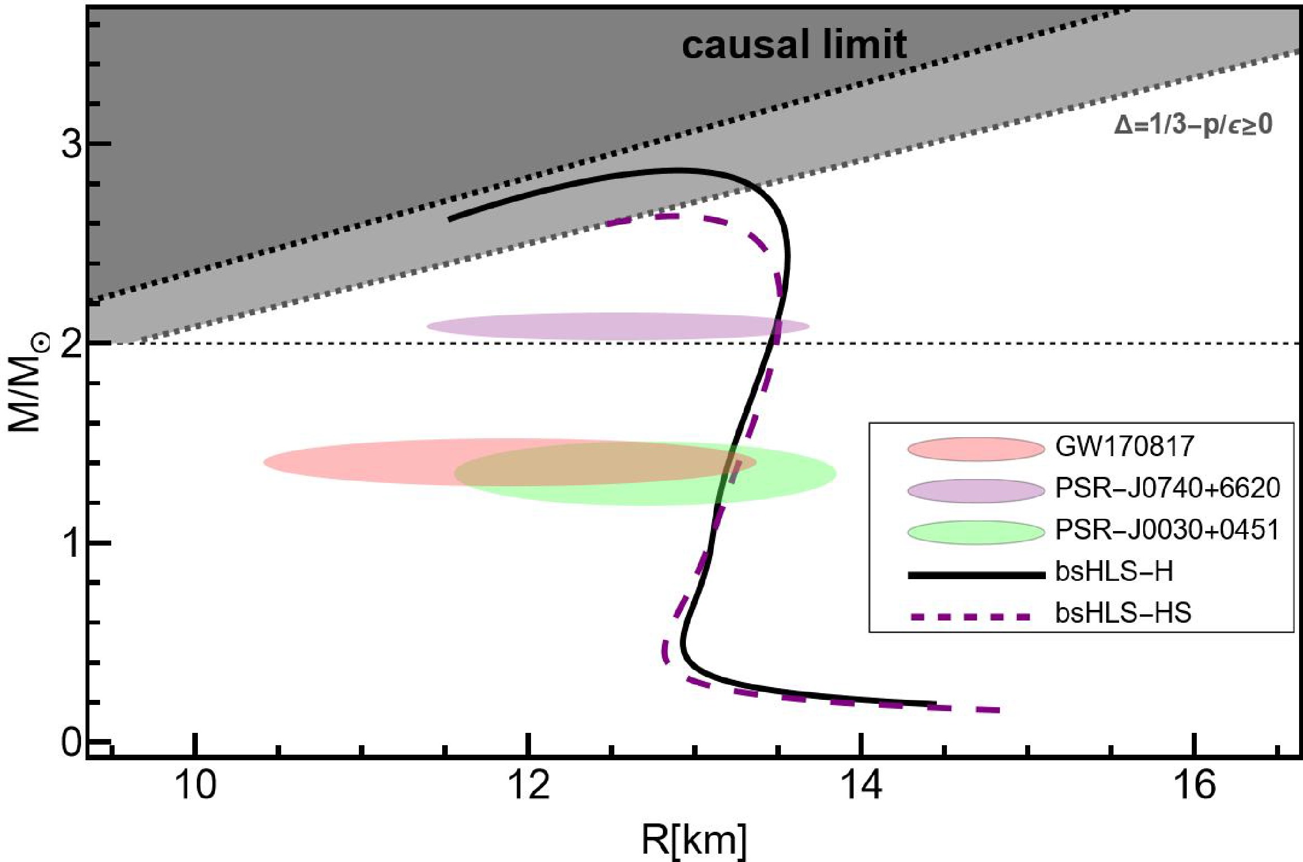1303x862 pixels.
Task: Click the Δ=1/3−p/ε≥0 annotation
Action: (x=1192, y=125)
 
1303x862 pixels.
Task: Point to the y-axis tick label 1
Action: (x=72, y=543)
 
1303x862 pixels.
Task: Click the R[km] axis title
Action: (x=693, y=839)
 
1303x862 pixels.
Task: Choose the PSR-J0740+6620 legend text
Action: (x=1167, y=489)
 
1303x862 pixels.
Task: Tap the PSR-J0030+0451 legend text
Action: (x=1167, y=530)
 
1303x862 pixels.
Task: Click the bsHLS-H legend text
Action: (x=1114, y=572)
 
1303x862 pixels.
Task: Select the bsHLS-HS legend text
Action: (x=1123, y=614)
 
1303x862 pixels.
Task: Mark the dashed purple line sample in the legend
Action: (x=975, y=617)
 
